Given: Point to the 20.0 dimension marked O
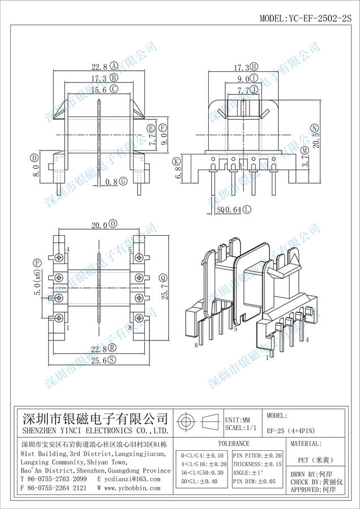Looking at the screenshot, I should click(100, 225).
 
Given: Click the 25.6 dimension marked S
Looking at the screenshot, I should click(99, 360).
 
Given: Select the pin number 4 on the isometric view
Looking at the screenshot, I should click(307, 340).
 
